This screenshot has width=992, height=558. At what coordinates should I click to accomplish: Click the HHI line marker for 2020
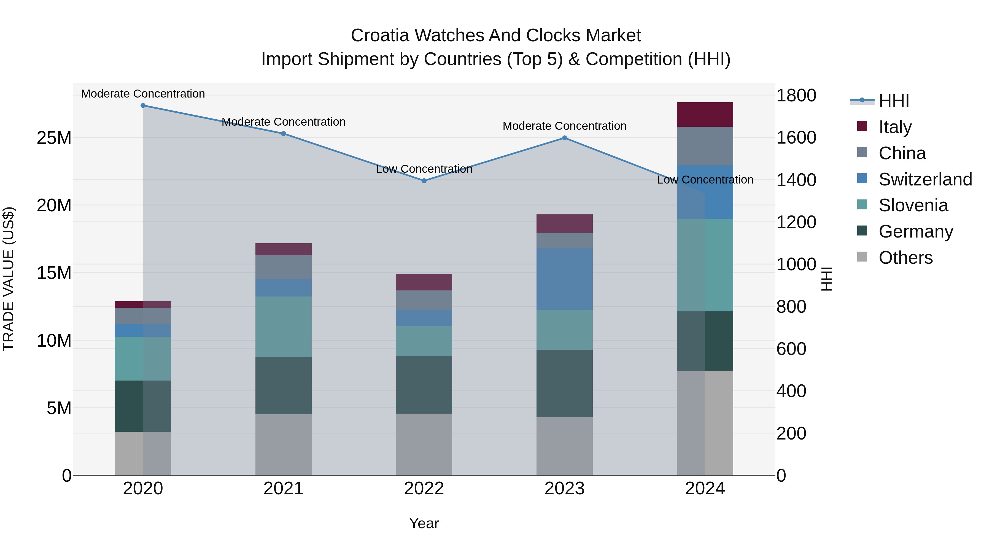click(x=143, y=106)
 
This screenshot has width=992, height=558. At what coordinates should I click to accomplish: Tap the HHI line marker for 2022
click(x=424, y=180)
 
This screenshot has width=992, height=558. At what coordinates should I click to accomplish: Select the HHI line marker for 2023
click(x=565, y=138)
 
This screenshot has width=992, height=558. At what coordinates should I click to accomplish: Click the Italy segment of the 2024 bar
click(x=705, y=115)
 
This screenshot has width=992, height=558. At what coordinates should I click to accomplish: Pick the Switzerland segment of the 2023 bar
click(x=565, y=279)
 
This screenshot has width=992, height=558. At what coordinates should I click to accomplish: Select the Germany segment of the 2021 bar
click(x=284, y=386)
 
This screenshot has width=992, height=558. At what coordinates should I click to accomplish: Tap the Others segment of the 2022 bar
click(x=424, y=444)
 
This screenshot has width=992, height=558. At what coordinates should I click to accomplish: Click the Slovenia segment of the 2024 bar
click(x=705, y=265)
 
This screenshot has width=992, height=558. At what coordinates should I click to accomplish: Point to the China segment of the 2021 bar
click(x=284, y=267)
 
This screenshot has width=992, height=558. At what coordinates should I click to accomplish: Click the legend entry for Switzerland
click(x=925, y=179)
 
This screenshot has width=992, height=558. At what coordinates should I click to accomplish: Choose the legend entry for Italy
click(x=895, y=127)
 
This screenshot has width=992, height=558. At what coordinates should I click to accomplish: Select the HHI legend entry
click(x=893, y=101)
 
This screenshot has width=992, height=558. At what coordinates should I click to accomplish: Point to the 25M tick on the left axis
click(x=54, y=138)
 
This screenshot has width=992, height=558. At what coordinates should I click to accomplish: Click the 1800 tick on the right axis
click(x=796, y=96)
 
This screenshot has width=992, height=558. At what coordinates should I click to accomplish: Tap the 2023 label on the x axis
click(x=565, y=489)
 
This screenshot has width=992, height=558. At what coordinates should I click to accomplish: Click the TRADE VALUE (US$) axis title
click(x=9, y=279)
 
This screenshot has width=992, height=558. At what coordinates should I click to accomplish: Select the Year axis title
click(x=424, y=523)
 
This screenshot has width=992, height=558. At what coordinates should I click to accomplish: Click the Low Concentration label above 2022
click(x=424, y=169)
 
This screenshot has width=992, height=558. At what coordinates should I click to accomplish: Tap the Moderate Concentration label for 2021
click(x=284, y=122)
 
